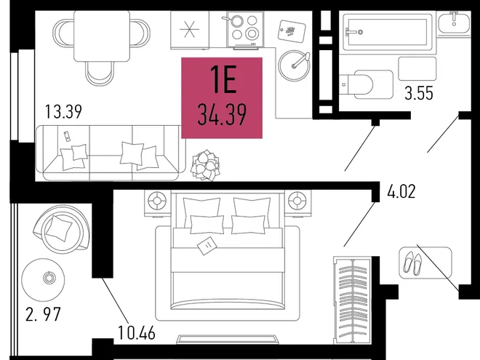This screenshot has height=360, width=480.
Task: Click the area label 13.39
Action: (x=63, y=111)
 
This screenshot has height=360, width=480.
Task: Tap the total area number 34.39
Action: (x=222, y=115)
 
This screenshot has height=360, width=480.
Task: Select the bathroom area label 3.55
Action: (x=419, y=93)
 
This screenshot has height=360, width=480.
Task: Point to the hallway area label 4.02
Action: (x=401, y=191)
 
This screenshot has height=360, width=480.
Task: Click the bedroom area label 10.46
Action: (x=137, y=333)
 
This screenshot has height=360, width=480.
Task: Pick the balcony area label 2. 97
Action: (x=43, y=314)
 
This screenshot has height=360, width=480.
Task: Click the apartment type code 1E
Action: (x=223, y=79)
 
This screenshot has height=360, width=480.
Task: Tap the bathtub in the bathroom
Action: (x=387, y=31)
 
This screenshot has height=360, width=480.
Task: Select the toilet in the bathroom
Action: (x=366, y=84)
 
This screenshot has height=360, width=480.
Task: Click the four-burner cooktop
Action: (x=245, y=29)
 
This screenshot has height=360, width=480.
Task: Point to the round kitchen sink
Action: (x=294, y=65)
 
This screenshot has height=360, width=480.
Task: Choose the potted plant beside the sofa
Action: (x=205, y=165)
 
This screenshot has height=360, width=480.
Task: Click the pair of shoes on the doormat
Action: (x=412, y=263)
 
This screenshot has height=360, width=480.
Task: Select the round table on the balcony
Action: (x=43, y=279)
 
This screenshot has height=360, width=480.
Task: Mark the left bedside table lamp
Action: (x=157, y=201)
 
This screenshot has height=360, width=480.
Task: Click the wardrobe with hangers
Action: (x=352, y=300)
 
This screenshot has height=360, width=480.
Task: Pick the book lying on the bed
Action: (x=207, y=246)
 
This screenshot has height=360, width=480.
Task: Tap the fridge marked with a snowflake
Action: (x=190, y=30)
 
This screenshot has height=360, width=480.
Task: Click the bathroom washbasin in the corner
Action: (x=453, y=23)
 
